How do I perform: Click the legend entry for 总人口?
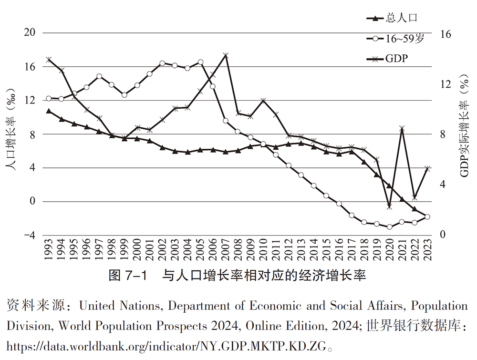point(391,19)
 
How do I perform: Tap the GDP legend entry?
point(389,59)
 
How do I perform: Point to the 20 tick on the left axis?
point(30,32)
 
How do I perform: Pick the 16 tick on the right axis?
point(445,34)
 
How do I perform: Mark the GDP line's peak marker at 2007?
point(226,55)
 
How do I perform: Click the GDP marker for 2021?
point(402,128)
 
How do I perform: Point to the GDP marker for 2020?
point(390,207)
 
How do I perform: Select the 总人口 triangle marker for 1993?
point(49,111)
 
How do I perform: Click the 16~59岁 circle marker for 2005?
point(200,62)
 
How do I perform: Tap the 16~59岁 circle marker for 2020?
point(390,227)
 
